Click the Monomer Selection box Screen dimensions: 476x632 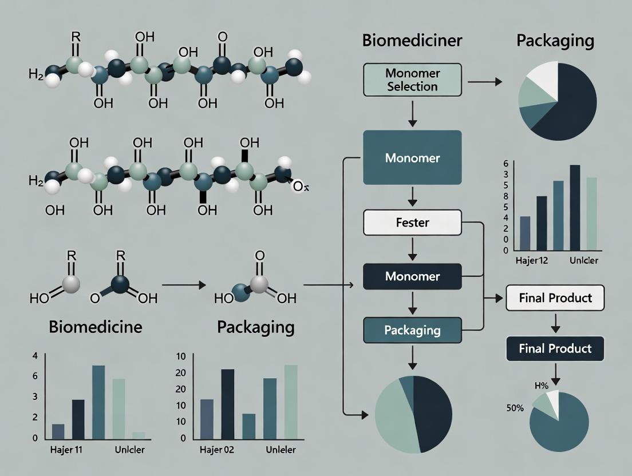tap(412, 80)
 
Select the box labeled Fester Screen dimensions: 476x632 tap(412, 223)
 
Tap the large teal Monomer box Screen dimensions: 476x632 tap(412, 157)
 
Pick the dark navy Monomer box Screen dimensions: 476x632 tap(412, 276)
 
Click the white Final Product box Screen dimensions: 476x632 tap(555, 298)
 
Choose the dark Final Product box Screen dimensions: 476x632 tap(555, 348)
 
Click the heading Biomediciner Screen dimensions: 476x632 tap(412, 41)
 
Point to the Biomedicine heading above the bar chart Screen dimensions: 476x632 tap(96, 327)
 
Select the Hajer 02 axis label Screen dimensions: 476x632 tap(217, 450)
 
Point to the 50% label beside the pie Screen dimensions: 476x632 tap(515, 408)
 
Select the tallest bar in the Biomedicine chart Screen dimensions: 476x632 tap(98, 402)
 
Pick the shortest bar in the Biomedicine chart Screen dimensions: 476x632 tap(139, 435)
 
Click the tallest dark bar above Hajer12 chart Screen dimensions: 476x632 tap(575, 208)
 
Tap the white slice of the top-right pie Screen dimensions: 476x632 tap(540, 80)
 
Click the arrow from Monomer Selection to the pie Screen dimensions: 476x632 tap(484, 82)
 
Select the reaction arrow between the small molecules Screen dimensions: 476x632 tap(183, 284)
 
